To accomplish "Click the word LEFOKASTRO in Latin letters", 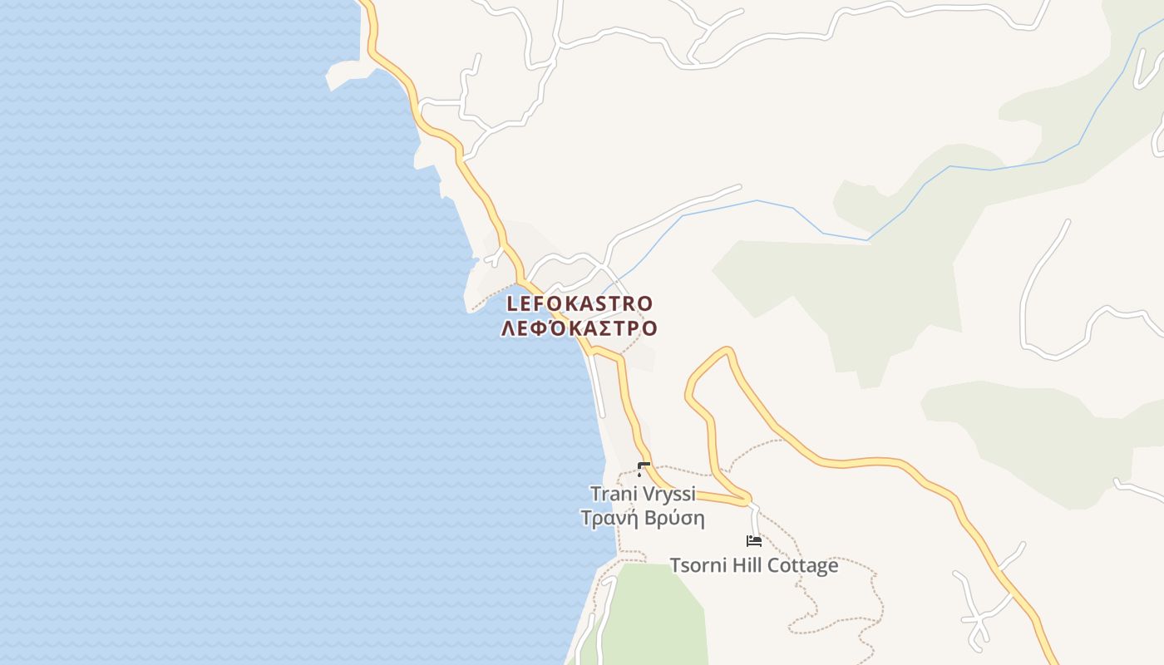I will tap(580, 303).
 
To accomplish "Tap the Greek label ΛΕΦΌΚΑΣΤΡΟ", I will tap(579, 328).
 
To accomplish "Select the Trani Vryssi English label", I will tap(643, 494).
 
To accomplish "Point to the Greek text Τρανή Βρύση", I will tap(643, 519).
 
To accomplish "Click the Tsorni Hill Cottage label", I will tap(754, 566).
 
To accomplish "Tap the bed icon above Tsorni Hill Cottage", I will tap(754, 540).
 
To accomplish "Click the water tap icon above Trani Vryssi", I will tap(643, 469).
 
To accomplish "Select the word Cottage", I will tap(802, 566).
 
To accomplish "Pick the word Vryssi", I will tap(669, 494).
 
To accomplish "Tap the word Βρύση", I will tap(676, 519).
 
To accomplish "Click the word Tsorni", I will tap(698, 566).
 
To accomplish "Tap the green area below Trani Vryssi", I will tap(657, 615).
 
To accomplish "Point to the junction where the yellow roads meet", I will tap(747, 501).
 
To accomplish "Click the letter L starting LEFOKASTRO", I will tap(512, 303).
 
